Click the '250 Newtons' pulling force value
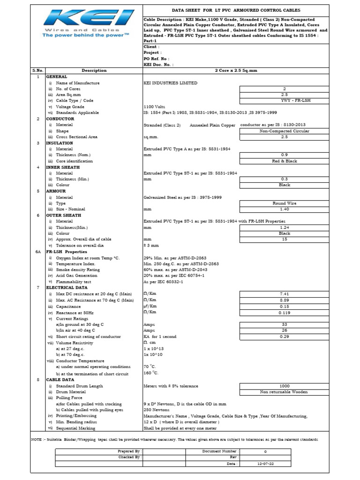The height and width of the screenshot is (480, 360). tap(156, 410)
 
